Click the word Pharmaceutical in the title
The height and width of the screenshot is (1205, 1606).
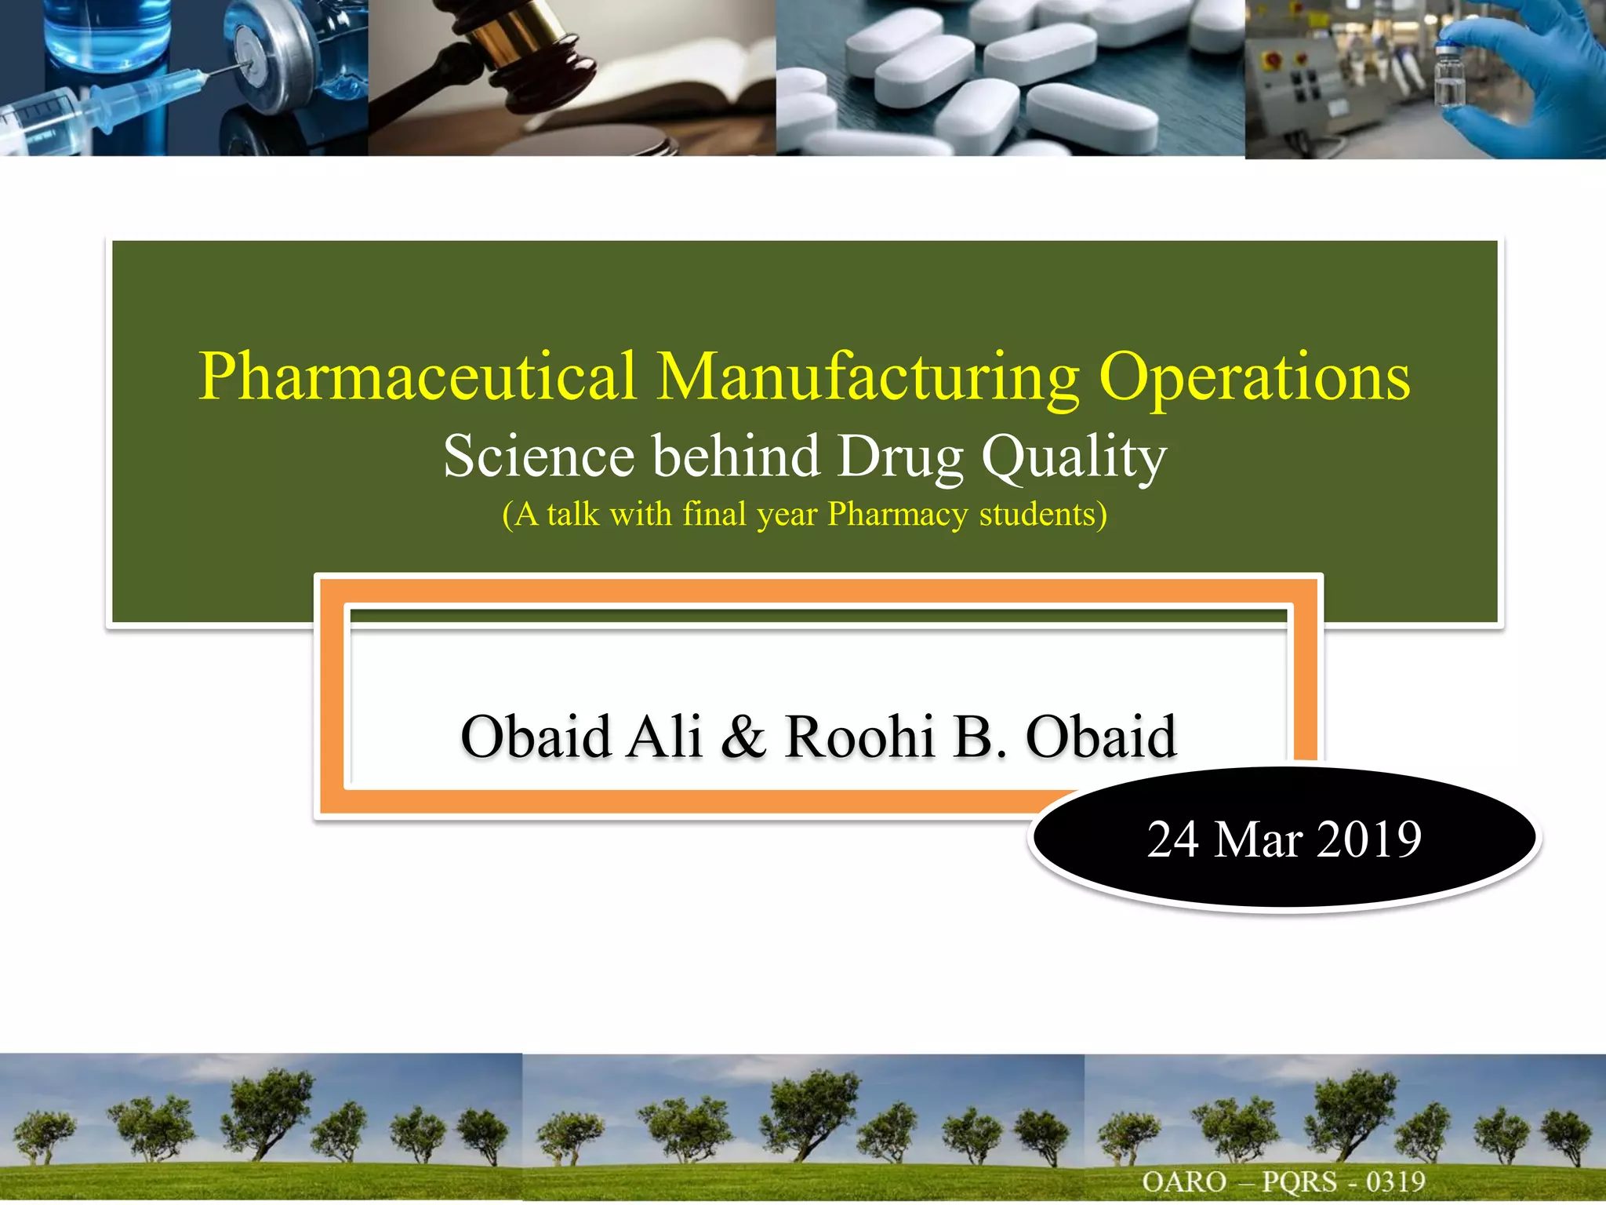tap(416, 377)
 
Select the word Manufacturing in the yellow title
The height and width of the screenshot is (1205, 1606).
tap(867, 378)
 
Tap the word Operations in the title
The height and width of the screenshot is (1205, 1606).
tap(1254, 378)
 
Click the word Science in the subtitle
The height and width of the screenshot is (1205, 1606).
tap(539, 456)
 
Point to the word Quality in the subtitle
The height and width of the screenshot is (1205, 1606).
tap(1074, 457)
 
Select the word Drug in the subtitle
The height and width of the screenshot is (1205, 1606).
tap(900, 457)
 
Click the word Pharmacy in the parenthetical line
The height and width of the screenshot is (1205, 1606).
tap(898, 515)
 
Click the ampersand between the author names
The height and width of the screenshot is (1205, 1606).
tap(743, 737)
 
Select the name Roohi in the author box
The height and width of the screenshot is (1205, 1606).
tap(859, 737)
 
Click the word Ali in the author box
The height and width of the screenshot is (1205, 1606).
tap(663, 737)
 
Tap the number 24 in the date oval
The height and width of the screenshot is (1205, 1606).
tap(1173, 839)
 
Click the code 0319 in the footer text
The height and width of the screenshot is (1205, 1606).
tap(1396, 1181)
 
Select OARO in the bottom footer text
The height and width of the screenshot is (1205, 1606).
tap(1184, 1181)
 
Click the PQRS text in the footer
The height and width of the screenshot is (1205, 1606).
tap(1299, 1181)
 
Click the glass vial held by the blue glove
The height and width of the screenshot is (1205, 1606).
tap(1450, 75)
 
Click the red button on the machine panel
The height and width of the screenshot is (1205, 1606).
tap(1274, 60)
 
